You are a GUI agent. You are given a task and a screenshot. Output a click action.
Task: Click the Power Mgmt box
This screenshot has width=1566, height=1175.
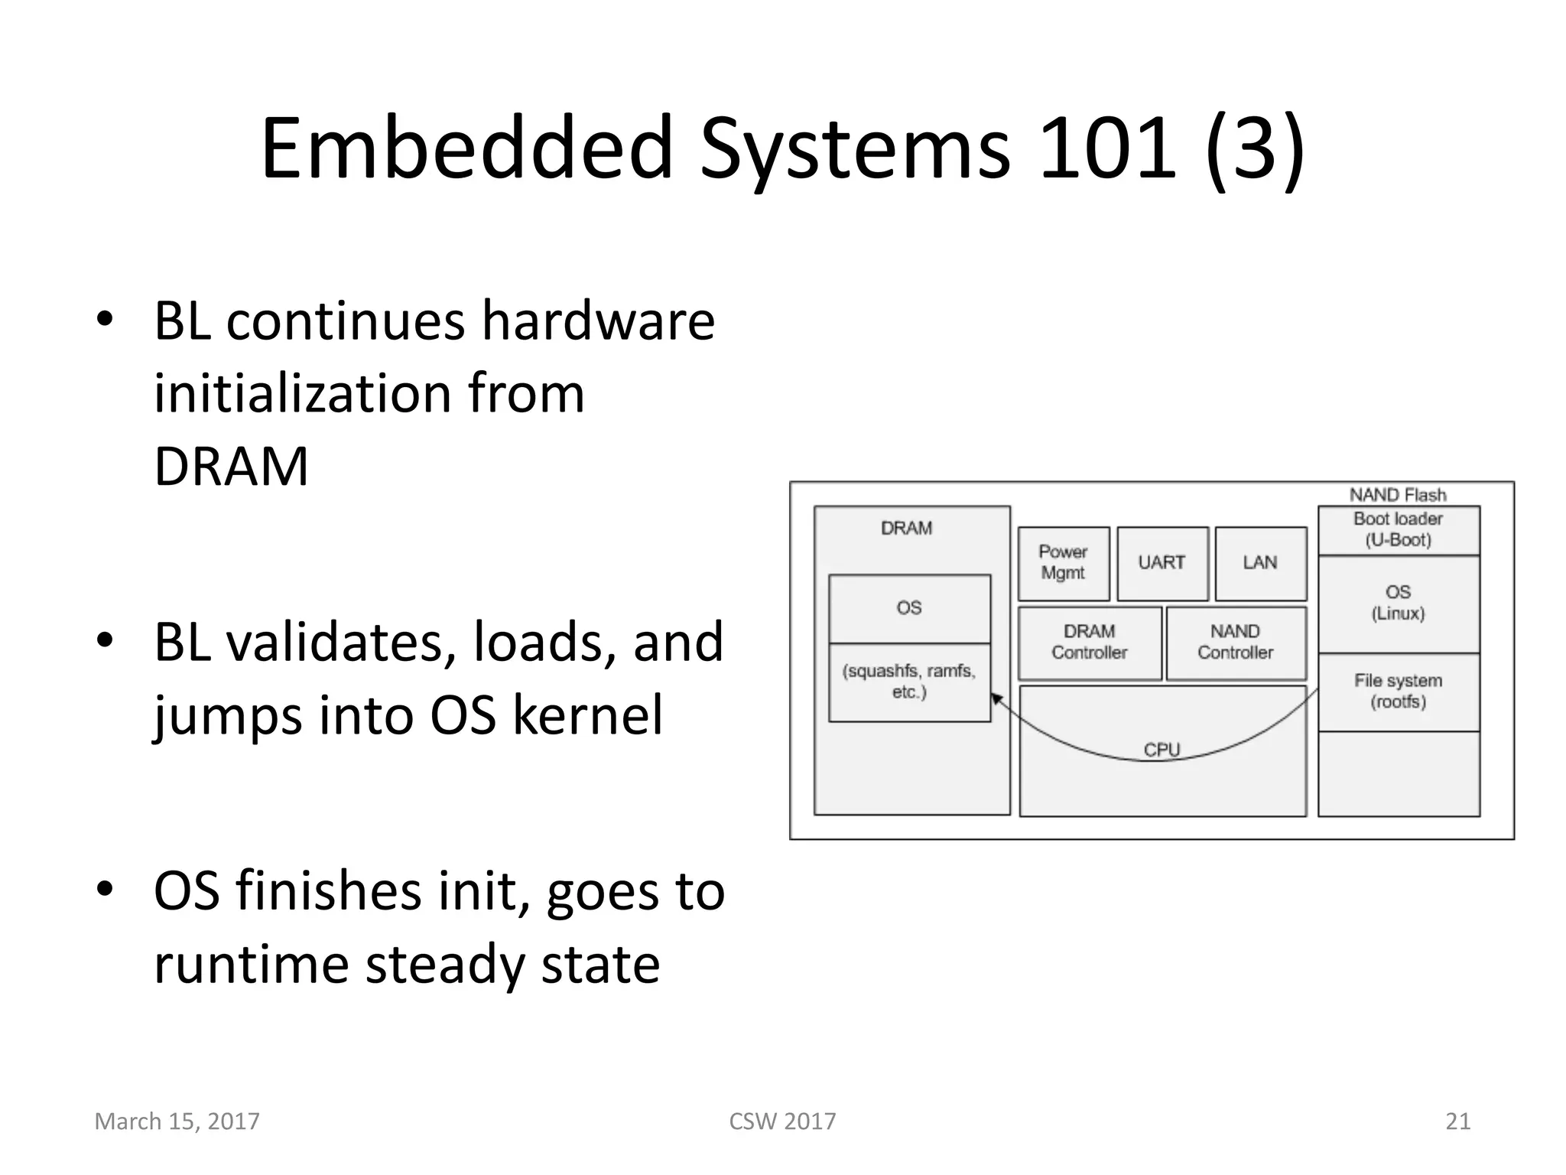[1063, 563]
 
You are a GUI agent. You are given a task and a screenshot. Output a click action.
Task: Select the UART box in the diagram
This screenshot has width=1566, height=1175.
[1162, 563]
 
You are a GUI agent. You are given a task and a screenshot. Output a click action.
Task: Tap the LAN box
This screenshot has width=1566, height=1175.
[1260, 563]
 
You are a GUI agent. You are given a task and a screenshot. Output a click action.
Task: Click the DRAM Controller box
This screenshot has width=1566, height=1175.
[1089, 643]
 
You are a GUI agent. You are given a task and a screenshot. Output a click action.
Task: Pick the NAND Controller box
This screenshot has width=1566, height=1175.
[1236, 643]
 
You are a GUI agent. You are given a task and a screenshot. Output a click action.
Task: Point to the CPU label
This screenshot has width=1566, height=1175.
[1162, 750]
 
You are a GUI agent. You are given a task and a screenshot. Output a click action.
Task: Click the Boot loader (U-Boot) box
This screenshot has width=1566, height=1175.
[1398, 529]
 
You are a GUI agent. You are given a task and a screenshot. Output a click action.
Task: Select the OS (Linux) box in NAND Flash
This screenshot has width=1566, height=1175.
[1398, 604]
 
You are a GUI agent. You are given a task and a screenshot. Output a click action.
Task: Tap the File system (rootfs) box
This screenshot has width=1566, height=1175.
[1398, 692]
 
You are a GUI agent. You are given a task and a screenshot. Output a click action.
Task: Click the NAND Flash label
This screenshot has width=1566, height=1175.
[1398, 495]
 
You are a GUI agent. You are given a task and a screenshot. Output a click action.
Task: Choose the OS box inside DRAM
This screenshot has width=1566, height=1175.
[909, 608]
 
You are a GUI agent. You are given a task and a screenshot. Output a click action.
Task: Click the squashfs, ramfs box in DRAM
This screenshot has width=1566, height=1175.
[909, 682]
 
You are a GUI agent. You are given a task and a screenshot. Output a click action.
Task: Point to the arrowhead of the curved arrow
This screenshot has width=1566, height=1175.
[996, 698]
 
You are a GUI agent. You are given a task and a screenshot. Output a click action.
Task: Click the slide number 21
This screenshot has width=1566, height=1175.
[1457, 1121]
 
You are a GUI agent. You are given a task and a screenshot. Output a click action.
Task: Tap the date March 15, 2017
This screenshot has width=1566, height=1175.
[177, 1121]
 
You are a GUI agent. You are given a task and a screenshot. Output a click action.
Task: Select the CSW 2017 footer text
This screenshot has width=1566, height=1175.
[782, 1121]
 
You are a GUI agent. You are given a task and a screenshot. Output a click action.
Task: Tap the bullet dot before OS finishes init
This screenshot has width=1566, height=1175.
[105, 888]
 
